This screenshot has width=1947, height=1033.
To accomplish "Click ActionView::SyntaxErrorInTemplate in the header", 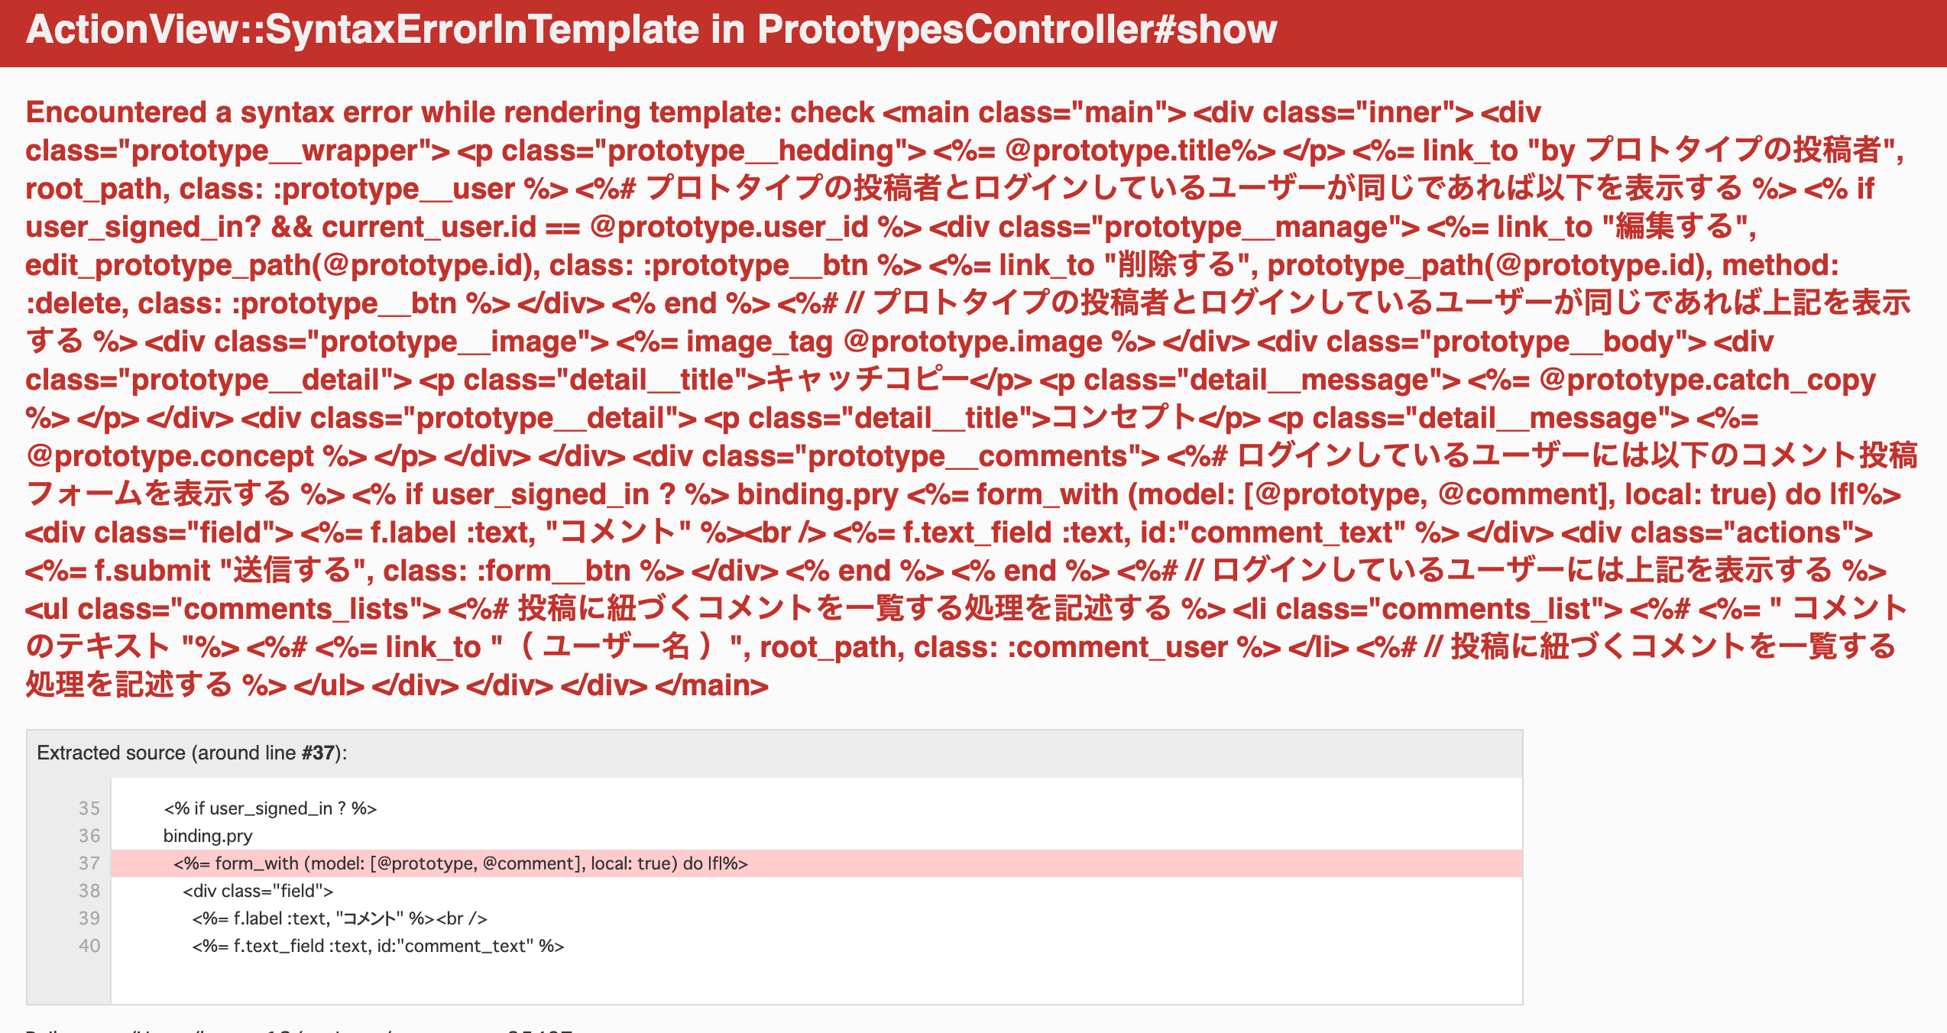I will [x=362, y=29].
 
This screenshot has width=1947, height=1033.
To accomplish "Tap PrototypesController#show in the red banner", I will [x=1016, y=29].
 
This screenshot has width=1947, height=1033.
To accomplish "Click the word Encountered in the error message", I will [x=116, y=112].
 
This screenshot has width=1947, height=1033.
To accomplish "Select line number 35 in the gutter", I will [x=89, y=808].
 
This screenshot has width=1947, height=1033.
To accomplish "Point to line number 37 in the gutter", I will [x=89, y=863].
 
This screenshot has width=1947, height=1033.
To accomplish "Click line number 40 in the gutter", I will [x=89, y=946].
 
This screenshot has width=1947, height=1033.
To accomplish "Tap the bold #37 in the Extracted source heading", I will [x=318, y=753].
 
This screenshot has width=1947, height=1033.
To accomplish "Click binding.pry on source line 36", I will [x=208, y=836].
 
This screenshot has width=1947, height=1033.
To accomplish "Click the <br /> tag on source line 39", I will [x=462, y=918].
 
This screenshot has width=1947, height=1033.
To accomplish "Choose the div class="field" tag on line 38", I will [x=258, y=891].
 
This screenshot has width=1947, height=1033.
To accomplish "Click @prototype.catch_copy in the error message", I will [x=1707, y=380].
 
